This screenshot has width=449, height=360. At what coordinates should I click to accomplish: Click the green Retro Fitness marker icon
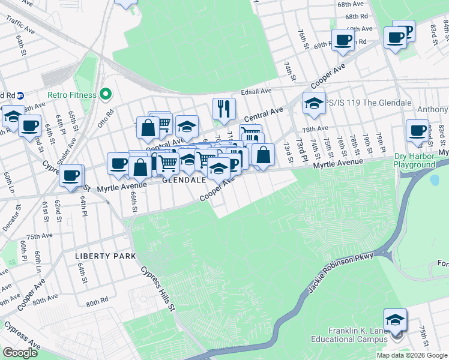106,94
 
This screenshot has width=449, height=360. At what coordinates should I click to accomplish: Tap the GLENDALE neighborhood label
184,179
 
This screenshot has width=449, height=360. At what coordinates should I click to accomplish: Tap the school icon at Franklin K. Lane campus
396,320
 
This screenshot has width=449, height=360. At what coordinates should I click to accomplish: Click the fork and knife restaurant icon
223,109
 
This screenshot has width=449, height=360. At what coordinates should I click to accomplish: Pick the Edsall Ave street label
256,91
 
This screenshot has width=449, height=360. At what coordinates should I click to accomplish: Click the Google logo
20,353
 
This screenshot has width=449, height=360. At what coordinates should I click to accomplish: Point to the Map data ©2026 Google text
411,355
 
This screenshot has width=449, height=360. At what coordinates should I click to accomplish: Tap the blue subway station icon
20,95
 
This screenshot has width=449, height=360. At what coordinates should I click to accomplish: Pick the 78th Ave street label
315,129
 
